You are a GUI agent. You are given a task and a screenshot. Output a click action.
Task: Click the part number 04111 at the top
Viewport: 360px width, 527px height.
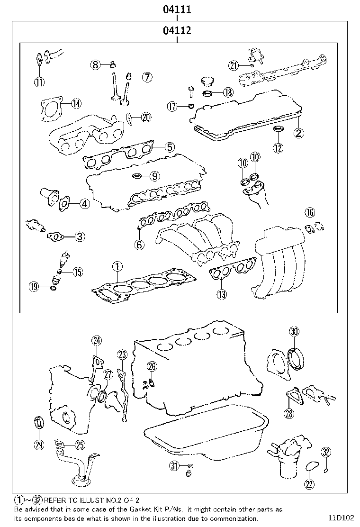coord(177,9)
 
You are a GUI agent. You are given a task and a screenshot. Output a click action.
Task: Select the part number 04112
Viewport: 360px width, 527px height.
coord(177,31)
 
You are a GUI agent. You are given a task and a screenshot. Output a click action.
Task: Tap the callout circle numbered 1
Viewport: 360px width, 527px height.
coord(117,266)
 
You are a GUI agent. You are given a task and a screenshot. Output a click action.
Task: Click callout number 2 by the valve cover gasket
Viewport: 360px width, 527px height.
coord(298,133)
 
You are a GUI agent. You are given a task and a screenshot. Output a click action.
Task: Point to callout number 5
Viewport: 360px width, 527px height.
coord(170,147)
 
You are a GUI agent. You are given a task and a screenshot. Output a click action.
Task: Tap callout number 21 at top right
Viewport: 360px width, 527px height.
coord(233,66)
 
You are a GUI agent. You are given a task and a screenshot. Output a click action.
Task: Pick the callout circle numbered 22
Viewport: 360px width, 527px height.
coord(309,484)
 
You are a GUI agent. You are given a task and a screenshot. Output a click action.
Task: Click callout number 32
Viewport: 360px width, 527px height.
coord(326,452)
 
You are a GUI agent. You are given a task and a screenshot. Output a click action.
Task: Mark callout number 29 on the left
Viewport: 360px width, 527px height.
coord(39,444)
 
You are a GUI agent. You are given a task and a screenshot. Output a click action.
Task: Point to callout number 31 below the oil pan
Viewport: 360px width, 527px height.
coord(174,466)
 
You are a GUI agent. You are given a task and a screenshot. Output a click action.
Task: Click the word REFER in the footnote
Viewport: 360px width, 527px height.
coord(56,500)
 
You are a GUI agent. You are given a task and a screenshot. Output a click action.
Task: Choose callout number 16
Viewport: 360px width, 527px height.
coord(309,212)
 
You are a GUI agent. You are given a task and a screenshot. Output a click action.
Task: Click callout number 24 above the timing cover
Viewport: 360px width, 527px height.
coord(97,340)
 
